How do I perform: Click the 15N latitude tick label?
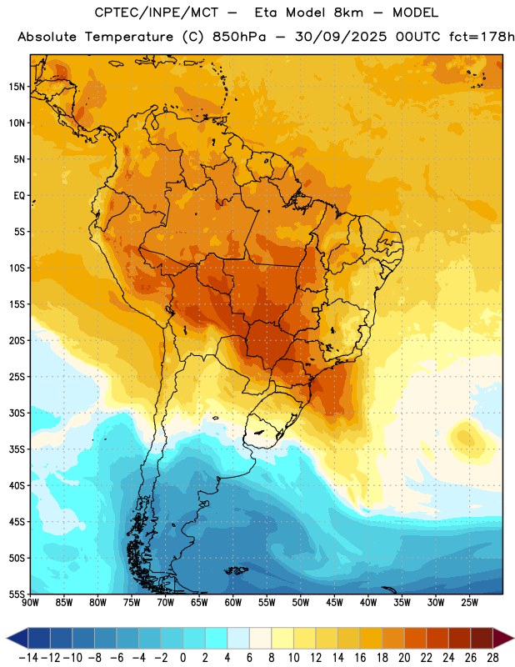17,87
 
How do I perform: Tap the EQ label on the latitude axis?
19,196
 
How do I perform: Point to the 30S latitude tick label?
17,413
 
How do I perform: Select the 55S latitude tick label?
17,594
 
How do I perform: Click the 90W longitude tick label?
30,603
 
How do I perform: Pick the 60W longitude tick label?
233,603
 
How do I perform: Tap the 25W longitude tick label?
469,603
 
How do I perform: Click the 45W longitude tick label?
334,603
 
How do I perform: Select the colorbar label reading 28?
492,658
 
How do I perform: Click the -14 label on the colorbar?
28,658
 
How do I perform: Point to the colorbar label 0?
182,658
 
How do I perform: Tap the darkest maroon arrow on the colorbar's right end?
503,638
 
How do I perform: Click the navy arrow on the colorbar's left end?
17,638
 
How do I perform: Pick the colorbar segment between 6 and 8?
261,638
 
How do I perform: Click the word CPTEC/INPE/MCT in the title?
157,13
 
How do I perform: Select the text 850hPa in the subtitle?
239,37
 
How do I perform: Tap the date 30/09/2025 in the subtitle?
341,37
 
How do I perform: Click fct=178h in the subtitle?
482,37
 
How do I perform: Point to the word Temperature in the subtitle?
129,38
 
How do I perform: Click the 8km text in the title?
348,13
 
